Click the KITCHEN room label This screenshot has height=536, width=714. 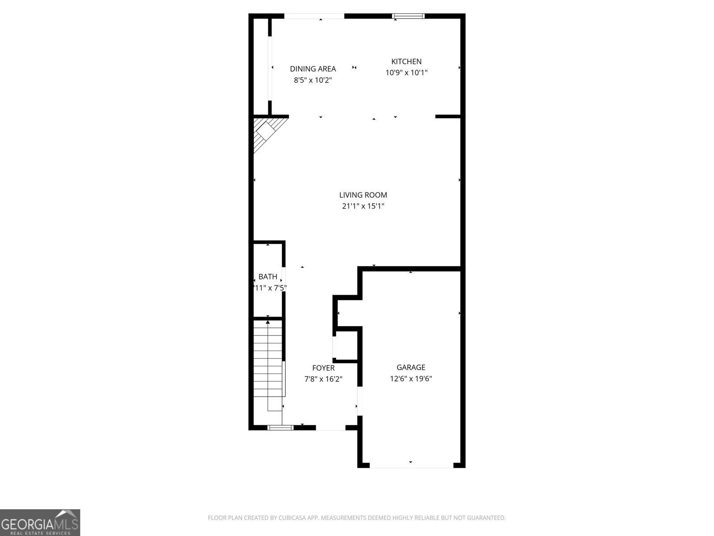tap(406, 62)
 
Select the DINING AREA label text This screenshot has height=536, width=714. tap(313, 69)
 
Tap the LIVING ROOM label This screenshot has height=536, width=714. tap(363, 195)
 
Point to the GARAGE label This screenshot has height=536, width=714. tap(411, 367)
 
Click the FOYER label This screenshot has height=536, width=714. tap(323, 368)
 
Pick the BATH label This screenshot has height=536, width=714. tap(268, 277)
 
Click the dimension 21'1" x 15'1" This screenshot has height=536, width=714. tap(363, 206)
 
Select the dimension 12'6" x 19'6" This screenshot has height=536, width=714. tap(411, 379)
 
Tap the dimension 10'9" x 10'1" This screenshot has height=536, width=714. tap(406, 73)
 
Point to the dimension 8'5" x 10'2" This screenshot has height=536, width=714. tap(313, 80)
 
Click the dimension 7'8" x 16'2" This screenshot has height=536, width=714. tap(323, 379)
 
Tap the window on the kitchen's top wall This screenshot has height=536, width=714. tap(408, 17)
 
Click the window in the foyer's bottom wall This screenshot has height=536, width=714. tap(280, 427)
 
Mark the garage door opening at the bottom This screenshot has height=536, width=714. tap(411, 466)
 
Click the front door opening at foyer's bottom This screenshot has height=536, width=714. tap(331, 428)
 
